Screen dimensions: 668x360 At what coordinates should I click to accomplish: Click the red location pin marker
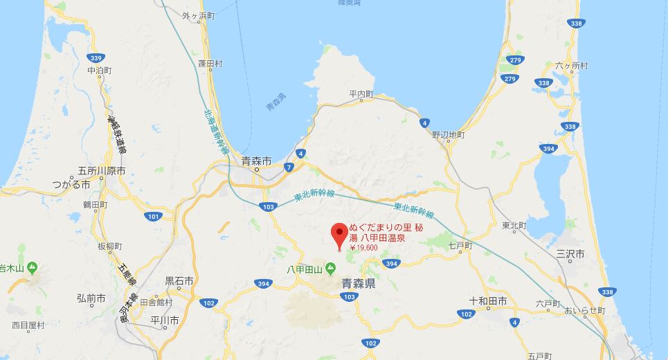point(338,233)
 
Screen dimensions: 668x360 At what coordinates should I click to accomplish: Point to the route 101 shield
point(154,217)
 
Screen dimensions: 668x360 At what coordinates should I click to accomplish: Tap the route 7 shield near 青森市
point(289,167)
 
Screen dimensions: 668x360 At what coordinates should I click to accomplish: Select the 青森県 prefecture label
point(359,284)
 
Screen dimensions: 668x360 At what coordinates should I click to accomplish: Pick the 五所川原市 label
point(102,171)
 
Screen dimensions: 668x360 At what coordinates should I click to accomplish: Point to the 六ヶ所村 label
point(571,66)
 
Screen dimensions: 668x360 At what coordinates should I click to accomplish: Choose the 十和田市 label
point(488,301)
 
